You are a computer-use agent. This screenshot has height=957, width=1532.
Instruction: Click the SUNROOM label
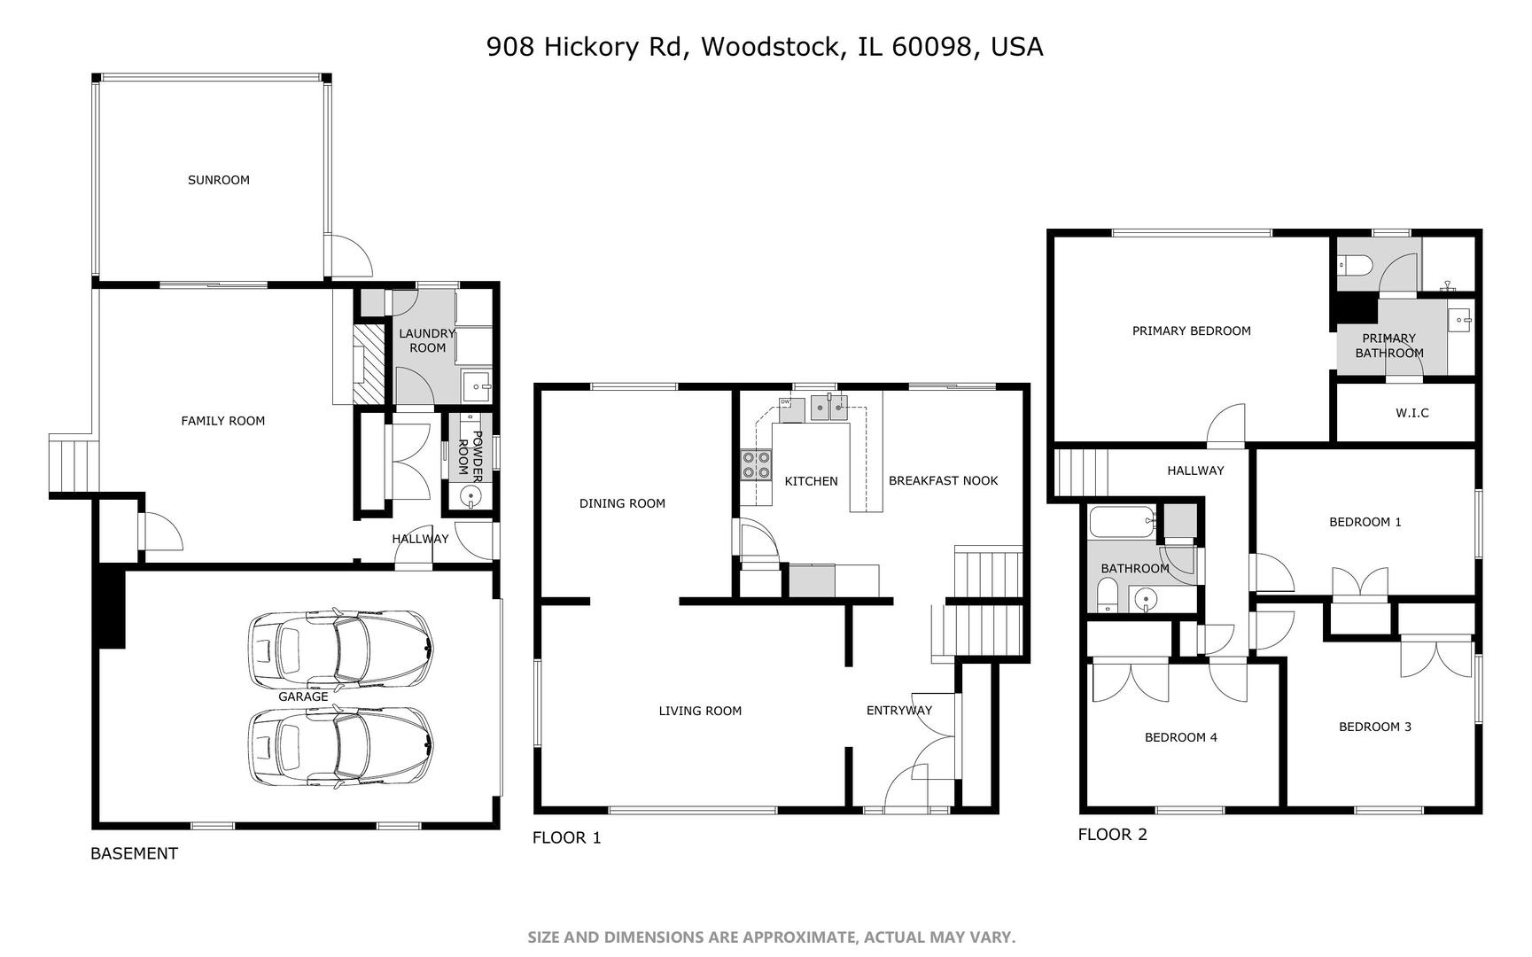coord(218,180)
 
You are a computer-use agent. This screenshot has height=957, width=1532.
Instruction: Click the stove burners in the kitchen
coord(756,465)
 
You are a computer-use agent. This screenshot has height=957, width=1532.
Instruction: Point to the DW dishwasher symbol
coord(785,403)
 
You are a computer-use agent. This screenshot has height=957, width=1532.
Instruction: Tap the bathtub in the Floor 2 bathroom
coord(1123,521)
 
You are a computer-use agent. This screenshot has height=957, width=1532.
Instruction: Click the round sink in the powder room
coord(470,495)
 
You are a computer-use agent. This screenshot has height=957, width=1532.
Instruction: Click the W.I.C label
coord(1411,413)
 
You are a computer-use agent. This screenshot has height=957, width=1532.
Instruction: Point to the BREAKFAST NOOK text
coord(943,480)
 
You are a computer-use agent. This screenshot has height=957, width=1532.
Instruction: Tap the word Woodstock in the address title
coord(769,46)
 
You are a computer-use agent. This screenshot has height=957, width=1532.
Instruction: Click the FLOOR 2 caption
coord(1112,835)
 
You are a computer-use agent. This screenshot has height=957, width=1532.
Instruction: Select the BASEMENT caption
coord(134,853)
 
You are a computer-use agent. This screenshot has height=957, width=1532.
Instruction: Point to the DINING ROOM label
coord(622,503)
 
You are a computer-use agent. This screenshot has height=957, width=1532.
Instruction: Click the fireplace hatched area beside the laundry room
coord(369,363)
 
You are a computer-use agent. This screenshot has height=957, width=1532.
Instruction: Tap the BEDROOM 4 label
coord(1180,737)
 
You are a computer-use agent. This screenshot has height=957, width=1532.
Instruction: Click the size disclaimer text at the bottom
coord(771,938)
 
